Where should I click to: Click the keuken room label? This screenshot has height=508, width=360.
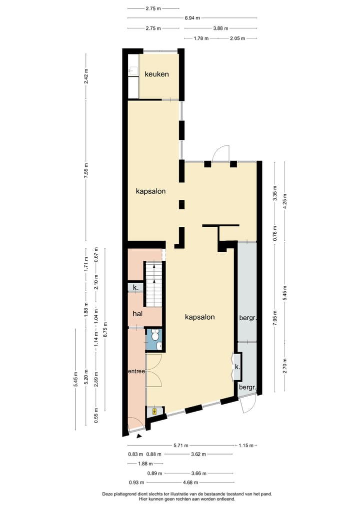(x=156, y=74)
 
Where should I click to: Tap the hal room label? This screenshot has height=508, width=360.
(x=138, y=313)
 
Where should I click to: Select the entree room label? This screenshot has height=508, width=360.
(x=136, y=371)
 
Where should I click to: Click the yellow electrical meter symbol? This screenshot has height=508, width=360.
(x=154, y=412)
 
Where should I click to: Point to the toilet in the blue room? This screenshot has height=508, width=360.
(x=156, y=345)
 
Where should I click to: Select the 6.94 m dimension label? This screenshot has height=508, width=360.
(x=192, y=18)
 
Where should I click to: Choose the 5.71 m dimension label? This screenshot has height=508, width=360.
(x=180, y=446)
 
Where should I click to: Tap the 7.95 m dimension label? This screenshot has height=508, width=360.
(x=275, y=318)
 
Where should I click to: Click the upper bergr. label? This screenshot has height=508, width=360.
(x=247, y=317)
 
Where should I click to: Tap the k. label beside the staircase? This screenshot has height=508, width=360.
(x=135, y=287)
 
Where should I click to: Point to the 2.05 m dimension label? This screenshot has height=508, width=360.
(x=237, y=38)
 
